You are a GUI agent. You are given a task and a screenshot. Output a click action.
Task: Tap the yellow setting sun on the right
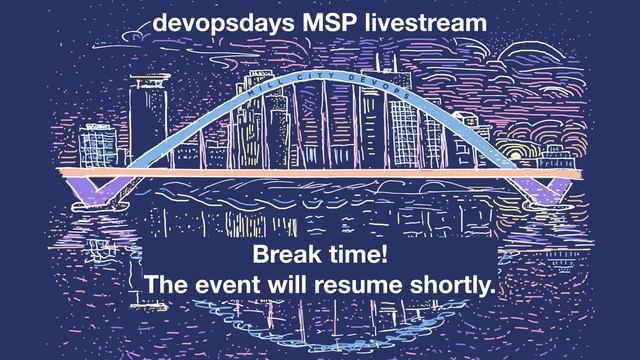tap(515, 151)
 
